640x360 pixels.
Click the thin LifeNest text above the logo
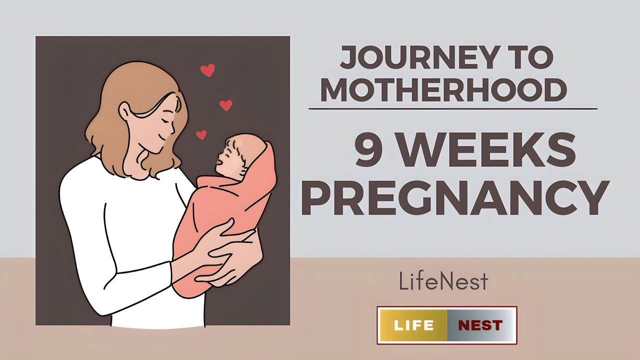click(443, 281)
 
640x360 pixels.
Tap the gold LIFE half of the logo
click(413, 325)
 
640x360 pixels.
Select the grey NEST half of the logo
click(480, 325)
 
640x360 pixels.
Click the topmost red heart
click(207, 70)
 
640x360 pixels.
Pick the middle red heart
click(226, 105)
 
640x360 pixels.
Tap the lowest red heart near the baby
click(201, 134)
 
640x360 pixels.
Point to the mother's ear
click(124, 113)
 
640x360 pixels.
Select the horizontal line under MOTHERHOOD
click(452, 108)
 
